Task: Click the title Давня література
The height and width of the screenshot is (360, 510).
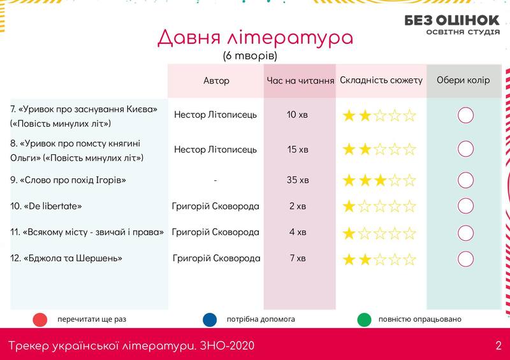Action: click(255, 38)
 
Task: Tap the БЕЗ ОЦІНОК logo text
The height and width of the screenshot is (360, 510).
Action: click(452, 20)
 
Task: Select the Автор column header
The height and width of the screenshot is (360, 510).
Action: click(216, 81)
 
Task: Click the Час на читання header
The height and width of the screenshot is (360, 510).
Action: click(300, 81)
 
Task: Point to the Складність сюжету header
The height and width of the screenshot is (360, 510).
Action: click(381, 80)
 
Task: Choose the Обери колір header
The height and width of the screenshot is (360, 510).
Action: click(463, 80)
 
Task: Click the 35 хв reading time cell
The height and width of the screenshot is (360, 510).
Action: click(298, 180)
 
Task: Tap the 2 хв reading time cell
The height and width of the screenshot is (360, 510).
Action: click(298, 206)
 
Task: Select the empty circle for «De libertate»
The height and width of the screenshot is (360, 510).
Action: click(465, 206)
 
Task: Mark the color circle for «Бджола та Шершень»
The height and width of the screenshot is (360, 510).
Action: click(465, 259)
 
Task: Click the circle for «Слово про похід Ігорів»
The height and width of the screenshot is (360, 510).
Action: click(465, 180)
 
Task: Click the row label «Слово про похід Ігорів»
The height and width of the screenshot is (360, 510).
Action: click(68, 180)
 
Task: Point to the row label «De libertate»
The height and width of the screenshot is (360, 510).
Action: click(46, 206)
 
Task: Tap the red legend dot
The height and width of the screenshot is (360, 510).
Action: click(40, 320)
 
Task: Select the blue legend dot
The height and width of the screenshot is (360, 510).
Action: click(210, 320)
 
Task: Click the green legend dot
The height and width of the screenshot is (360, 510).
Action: click(364, 320)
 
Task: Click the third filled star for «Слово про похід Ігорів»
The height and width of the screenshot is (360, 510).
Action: click(379, 180)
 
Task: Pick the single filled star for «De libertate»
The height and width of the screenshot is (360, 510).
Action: click(349, 206)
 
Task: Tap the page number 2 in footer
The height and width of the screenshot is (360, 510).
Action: click(499, 345)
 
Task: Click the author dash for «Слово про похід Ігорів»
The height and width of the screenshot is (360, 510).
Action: click(215, 180)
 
